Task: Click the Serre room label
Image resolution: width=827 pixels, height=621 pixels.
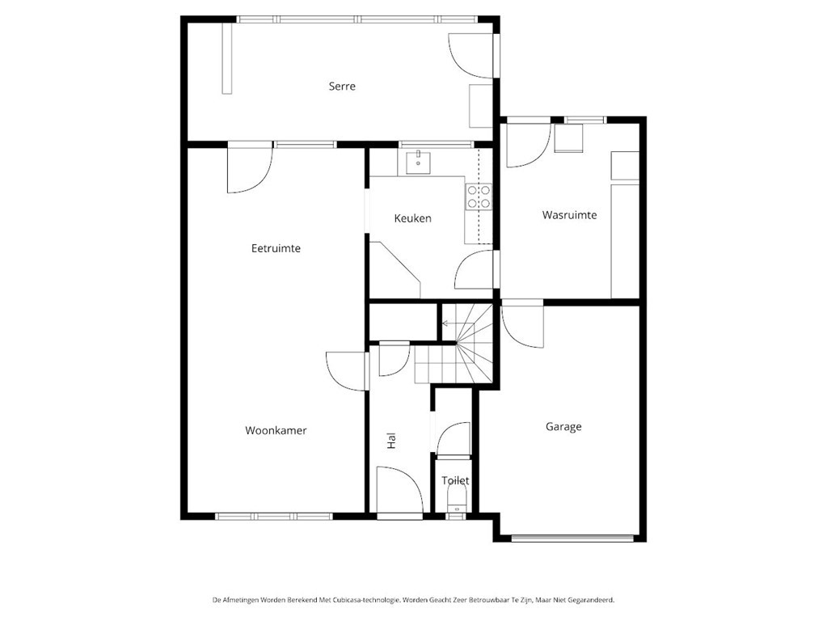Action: tap(342, 87)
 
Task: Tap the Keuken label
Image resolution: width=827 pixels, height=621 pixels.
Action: tap(412, 218)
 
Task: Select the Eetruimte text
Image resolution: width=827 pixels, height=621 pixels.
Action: tap(276, 248)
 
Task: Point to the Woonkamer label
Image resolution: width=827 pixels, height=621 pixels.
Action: tap(276, 431)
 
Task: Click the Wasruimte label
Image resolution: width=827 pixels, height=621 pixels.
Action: tap(569, 215)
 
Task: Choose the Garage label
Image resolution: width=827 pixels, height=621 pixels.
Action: tap(563, 427)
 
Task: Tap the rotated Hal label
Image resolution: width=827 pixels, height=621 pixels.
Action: tap(392, 441)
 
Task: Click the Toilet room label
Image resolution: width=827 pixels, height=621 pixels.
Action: tap(455, 480)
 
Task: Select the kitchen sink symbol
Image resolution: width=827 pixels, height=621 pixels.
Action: tap(418, 163)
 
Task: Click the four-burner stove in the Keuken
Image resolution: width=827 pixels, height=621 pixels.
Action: tap(478, 197)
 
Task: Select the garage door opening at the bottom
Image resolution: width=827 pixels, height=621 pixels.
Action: tap(572, 536)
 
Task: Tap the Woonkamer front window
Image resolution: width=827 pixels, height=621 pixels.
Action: tap(274, 516)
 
